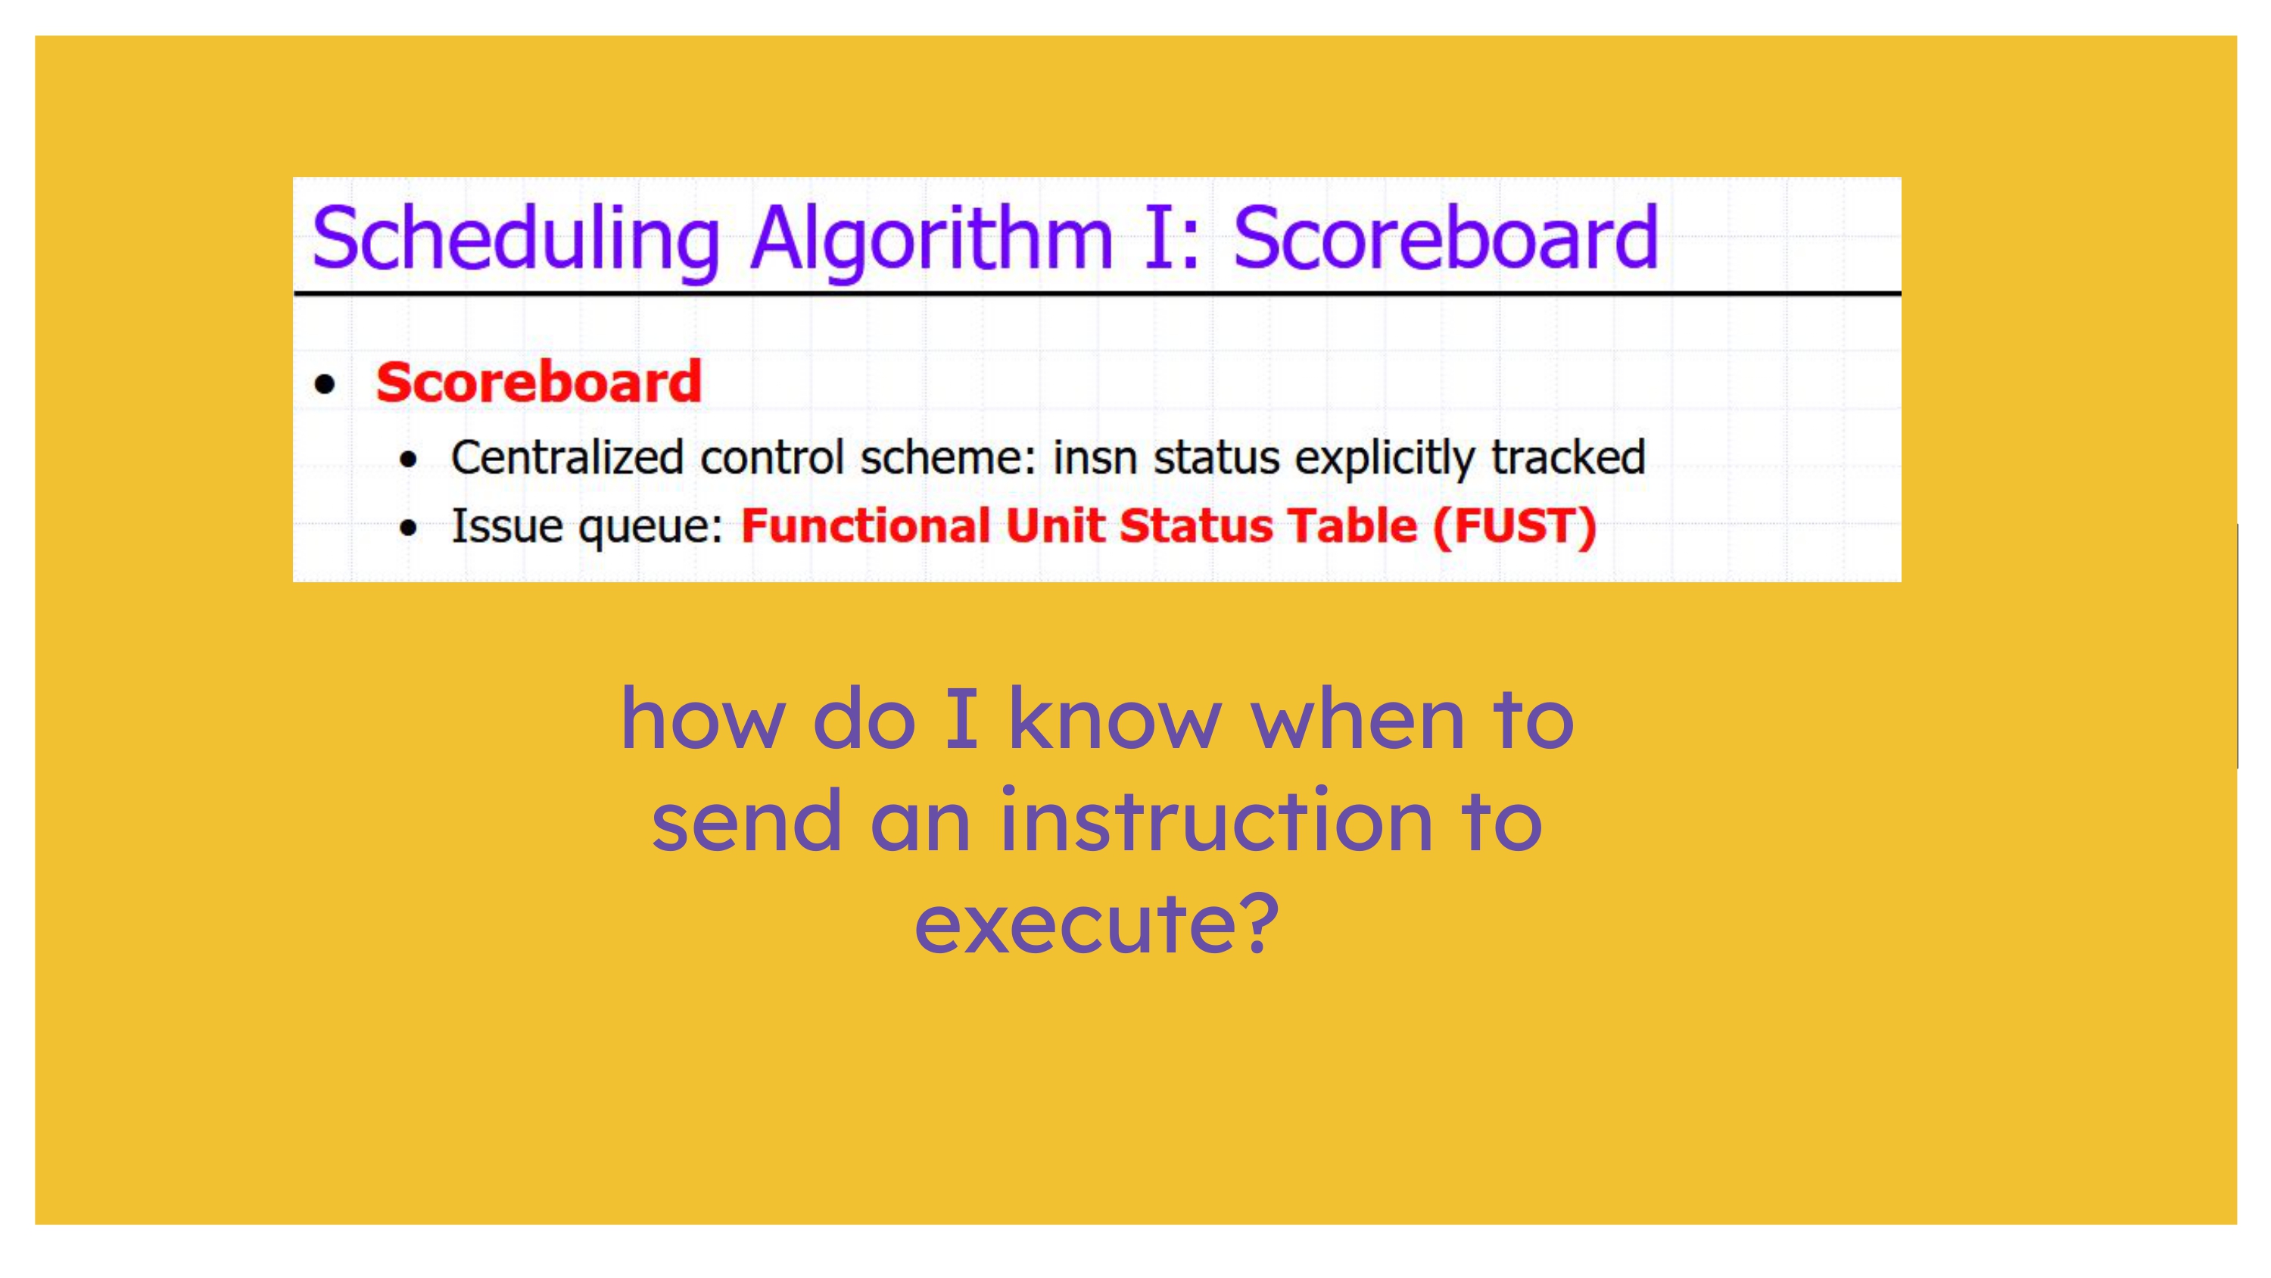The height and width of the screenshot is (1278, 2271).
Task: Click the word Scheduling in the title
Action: tap(516, 240)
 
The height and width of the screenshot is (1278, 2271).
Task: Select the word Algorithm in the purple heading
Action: tap(932, 240)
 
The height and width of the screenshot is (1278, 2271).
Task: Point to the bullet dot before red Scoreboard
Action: tap(326, 385)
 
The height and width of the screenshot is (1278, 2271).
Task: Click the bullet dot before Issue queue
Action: tap(407, 528)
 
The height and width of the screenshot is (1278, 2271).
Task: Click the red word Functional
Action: tap(866, 525)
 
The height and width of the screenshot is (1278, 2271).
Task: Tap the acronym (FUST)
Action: tap(1515, 526)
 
